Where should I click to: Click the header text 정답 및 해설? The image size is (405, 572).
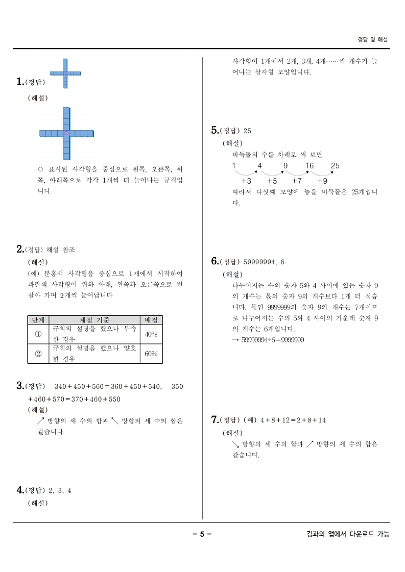pos(373,39)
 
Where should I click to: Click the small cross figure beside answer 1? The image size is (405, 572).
pos(65,73)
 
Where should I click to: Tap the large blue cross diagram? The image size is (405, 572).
pos(66,133)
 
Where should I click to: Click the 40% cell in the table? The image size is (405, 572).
pos(151,334)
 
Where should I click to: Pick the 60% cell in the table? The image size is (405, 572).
pos(151,354)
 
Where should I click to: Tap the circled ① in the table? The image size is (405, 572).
pos(38,334)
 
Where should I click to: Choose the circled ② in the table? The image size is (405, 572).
pos(38,354)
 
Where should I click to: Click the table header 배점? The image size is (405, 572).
pos(151,319)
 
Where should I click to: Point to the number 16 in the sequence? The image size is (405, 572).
pos(309,166)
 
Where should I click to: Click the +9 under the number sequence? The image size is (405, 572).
pos(322,181)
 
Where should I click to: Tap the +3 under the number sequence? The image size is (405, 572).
pos(246,181)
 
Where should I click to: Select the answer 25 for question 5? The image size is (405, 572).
pos(248,131)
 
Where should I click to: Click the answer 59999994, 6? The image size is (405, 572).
pos(264,262)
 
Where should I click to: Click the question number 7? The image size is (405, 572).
pos(215,419)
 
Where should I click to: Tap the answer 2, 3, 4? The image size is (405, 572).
pos(60,490)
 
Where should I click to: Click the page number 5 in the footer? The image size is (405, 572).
pos(202,534)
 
